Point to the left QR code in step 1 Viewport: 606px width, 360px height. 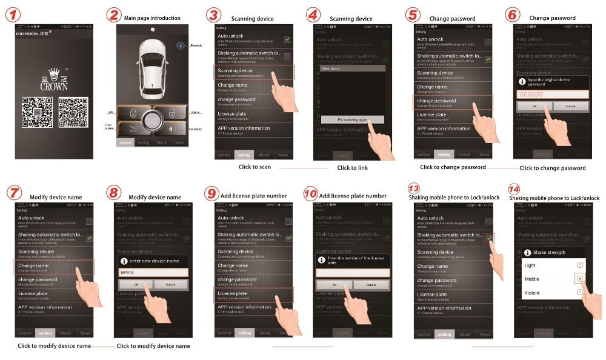tap(35, 112)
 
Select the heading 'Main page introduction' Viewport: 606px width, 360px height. tap(152, 18)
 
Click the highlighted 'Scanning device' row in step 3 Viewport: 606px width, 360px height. tap(255, 73)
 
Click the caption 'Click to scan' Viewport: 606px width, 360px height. tap(255, 167)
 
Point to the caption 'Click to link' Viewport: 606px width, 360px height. tap(352, 167)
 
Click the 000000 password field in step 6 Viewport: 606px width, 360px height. tap(552, 95)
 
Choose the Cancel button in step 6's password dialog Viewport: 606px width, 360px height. tap(570, 106)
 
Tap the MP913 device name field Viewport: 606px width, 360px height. tap(153, 273)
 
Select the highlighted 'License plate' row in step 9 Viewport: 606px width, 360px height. tap(255, 295)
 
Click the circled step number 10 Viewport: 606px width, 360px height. tap(310, 194)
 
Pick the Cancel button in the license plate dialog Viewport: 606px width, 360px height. tap(371, 284)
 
